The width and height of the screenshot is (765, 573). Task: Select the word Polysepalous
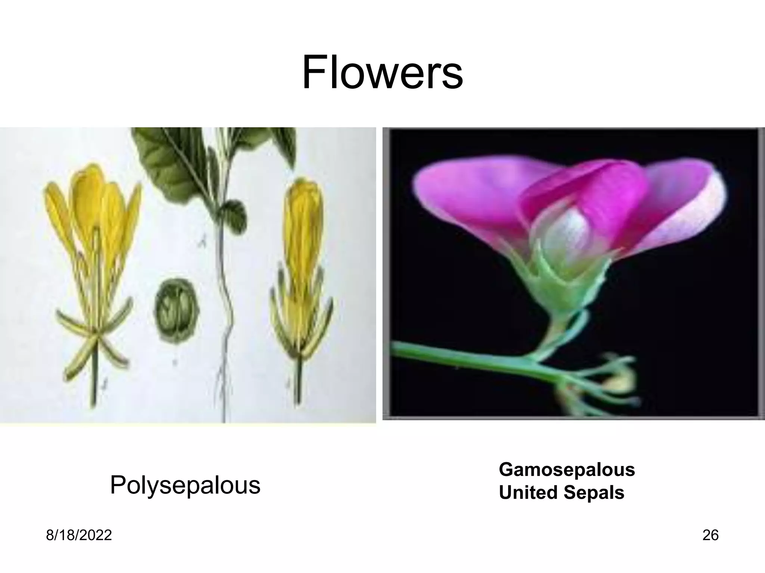pos(185,485)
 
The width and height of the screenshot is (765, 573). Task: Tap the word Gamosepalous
pos(567,469)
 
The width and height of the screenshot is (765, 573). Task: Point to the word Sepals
pos(594,492)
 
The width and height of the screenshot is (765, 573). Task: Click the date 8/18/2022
pos(79,535)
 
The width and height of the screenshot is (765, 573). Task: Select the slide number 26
pos(710,535)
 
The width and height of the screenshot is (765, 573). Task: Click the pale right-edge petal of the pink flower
pos(702,209)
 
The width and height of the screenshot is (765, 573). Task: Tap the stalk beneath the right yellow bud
pos(298,384)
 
